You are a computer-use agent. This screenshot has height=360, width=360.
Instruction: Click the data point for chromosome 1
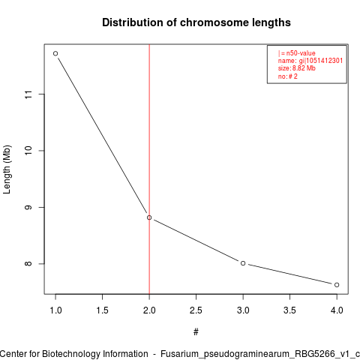pyautogui.click(x=55, y=53)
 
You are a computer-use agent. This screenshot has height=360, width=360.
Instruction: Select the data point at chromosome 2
pyautogui.click(x=149, y=217)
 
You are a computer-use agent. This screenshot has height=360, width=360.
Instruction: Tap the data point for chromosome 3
pyautogui.click(x=243, y=263)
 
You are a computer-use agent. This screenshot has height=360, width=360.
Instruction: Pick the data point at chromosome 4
pyautogui.click(x=337, y=285)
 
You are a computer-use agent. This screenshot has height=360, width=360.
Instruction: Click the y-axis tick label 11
pyautogui.click(x=28, y=94)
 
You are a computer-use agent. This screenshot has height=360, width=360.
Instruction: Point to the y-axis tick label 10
pyautogui.click(x=28, y=151)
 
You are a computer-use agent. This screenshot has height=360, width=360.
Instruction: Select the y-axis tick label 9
pyautogui.click(x=28, y=207)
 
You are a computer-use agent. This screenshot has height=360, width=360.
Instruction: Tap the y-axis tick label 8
pyautogui.click(x=28, y=264)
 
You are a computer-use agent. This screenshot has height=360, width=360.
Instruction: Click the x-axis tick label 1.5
pyautogui.click(x=103, y=310)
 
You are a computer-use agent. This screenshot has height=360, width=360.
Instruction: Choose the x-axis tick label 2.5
pyautogui.click(x=196, y=310)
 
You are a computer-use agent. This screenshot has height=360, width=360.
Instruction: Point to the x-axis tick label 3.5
pyautogui.click(x=289, y=310)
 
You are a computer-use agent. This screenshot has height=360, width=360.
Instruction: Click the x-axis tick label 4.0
pyautogui.click(x=337, y=310)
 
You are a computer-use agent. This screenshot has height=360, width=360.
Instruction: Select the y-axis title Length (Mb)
pyautogui.click(x=7, y=169)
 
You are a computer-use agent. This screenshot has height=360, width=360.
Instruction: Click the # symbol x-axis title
pyautogui.click(x=196, y=332)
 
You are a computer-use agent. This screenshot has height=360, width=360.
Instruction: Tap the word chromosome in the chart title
pyautogui.click(x=214, y=22)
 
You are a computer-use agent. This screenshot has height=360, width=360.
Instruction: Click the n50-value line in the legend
pyautogui.click(x=297, y=53)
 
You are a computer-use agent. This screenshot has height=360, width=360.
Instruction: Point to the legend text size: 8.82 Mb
pyautogui.click(x=297, y=68)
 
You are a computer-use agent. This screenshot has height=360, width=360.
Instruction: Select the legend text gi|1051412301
pyautogui.click(x=321, y=61)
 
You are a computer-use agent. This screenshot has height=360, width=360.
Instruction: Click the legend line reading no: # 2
pyautogui.click(x=288, y=76)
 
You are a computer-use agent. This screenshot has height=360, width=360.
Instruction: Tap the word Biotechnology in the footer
pyautogui.click(x=95, y=354)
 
